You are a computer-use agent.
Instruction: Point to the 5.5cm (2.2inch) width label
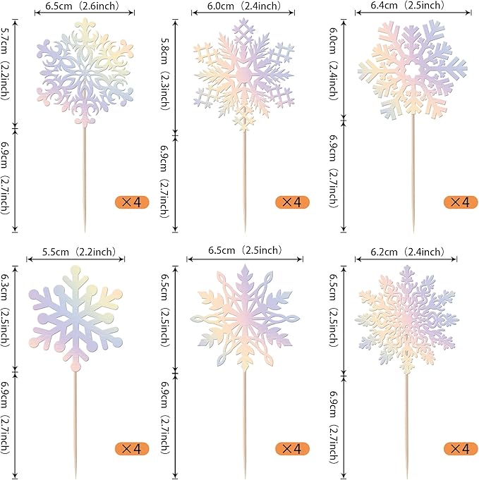point(78,251)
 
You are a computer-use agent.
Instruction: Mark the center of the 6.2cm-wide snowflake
point(405,317)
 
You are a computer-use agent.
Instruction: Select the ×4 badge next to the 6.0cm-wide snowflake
point(292,202)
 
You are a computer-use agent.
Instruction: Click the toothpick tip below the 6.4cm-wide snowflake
point(413,230)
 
